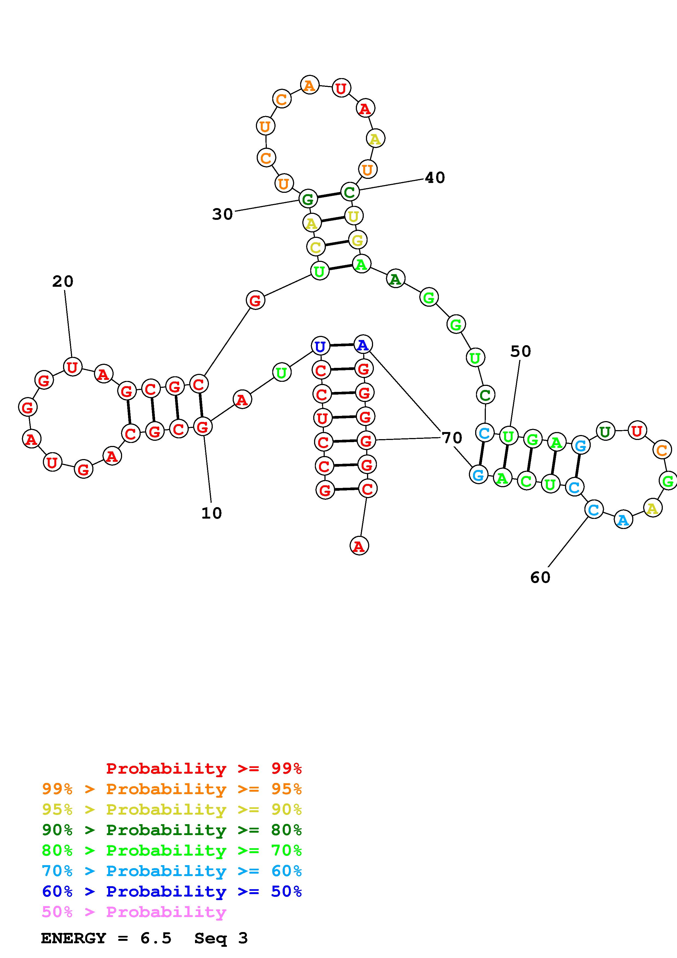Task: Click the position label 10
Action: click(x=211, y=513)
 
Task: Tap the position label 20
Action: click(x=63, y=282)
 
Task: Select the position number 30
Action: click(x=222, y=214)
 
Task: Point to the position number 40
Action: click(x=435, y=178)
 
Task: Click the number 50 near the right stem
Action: click(x=521, y=351)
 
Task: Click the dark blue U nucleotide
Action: click(x=320, y=346)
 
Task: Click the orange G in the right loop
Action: click(x=668, y=481)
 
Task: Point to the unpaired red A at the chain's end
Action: click(x=359, y=546)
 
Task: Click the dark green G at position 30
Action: click(x=308, y=199)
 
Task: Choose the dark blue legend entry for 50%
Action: click(x=172, y=892)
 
